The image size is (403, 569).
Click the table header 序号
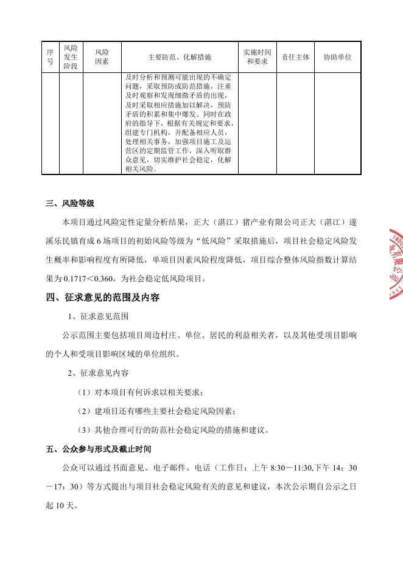(x=51, y=57)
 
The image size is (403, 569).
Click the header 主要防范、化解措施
(x=180, y=57)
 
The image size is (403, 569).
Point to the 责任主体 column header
(x=296, y=57)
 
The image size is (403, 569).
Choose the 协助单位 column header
(x=337, y=57)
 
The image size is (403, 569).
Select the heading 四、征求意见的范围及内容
(x=102, y=298)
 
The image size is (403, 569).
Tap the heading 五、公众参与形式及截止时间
(x=98, y=450)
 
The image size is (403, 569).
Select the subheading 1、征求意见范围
(x=97, y=317)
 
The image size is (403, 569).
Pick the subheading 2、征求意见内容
(x=97, y=373)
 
